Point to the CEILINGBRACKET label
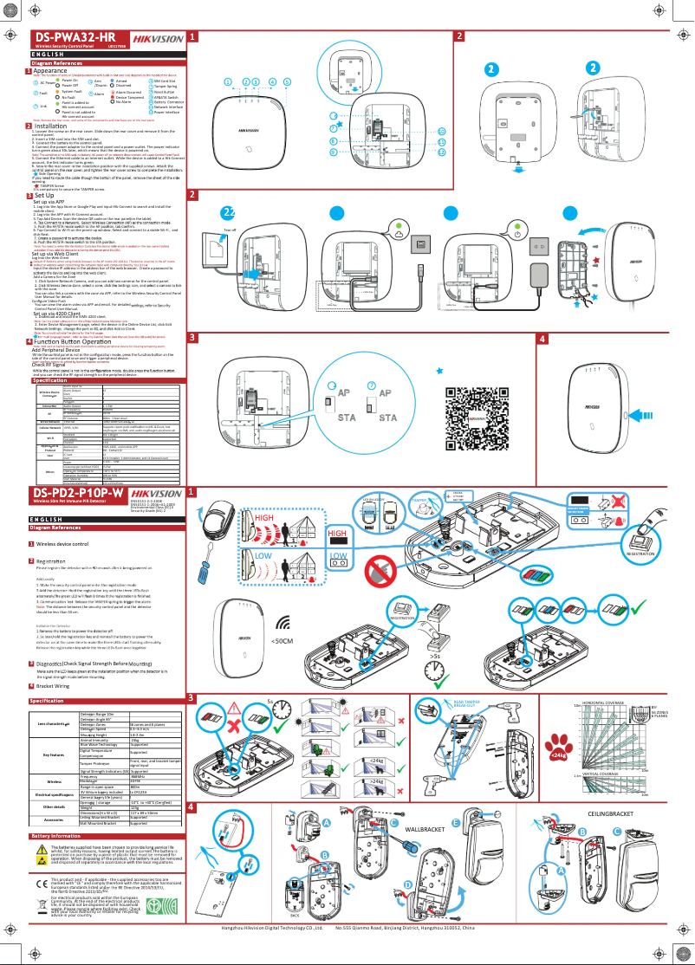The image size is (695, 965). [x=611, y=814]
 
